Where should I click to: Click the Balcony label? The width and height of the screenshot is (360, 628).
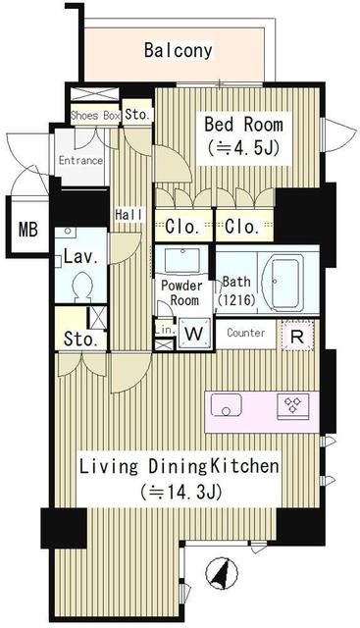coord(179,51)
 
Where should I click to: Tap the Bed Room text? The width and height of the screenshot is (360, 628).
coord(243,125)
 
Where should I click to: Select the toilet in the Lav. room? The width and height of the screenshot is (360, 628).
coord(83,286)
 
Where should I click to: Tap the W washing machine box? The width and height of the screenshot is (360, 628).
coord(194,333)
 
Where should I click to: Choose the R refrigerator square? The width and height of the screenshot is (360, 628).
coord(297,336)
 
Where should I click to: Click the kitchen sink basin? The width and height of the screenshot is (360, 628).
coord(227,405)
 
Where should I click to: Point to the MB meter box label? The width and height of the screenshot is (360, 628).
coord(28,230)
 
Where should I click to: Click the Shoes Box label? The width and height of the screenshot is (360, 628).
coord(95,116)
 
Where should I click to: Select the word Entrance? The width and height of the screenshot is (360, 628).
coord(80,161)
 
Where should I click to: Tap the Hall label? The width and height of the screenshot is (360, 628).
coord(129,214)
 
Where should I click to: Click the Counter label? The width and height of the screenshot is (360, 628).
coord(246,333)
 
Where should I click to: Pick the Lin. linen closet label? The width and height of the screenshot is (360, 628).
coord(165,330)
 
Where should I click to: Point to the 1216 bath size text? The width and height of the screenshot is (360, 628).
coord(236,299)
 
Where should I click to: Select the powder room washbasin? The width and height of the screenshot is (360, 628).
coord(182,260)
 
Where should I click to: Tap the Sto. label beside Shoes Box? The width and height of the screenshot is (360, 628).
coord(137,115)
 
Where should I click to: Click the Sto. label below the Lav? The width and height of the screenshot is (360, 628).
coord(80,340)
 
